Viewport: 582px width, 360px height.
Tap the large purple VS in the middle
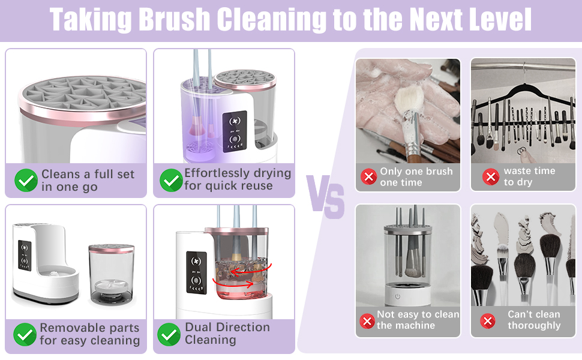325,197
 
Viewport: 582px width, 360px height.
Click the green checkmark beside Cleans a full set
26,181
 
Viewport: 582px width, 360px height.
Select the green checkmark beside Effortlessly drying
171,180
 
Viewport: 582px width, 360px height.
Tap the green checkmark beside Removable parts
25,334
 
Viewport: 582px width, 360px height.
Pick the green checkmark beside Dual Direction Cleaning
169,334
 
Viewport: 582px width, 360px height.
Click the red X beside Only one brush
368,176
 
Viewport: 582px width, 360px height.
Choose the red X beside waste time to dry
491,176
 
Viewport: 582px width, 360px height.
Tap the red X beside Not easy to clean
367,321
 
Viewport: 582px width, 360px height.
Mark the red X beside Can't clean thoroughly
488,321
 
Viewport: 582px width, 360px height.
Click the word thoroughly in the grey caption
534,325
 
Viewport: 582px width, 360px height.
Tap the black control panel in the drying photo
235,131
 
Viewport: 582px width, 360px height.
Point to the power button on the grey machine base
398,296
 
